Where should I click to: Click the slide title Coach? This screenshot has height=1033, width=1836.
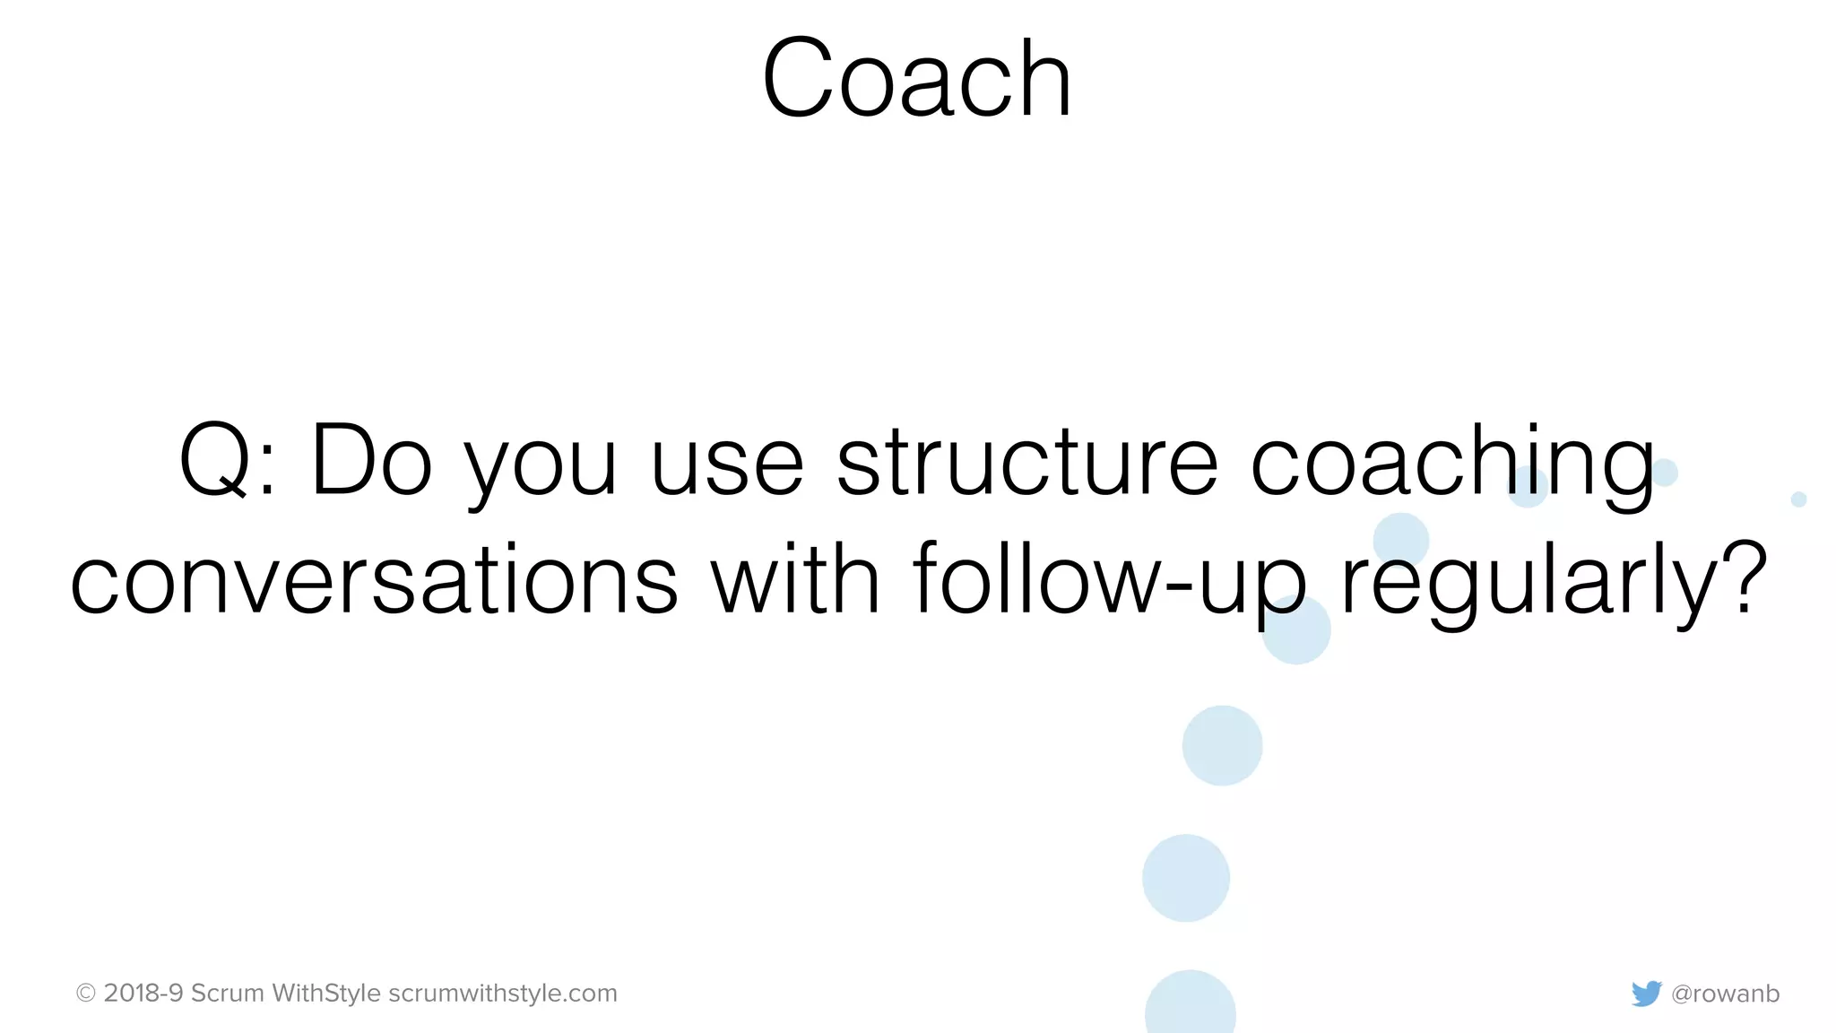point(916,79)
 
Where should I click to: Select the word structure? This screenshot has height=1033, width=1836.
point(1027,461)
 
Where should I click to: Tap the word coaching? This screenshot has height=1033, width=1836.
point(1452,461)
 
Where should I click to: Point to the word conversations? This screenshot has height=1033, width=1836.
point(374,580)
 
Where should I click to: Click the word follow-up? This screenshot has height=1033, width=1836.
point(1110,580)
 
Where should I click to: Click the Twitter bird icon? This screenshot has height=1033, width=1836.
point(1646,994)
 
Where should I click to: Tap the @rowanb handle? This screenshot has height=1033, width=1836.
point(1726,994)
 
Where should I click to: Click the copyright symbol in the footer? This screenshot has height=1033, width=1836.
point(86,994)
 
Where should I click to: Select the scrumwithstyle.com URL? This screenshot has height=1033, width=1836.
point(503,994)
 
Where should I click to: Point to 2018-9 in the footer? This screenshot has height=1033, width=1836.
point(143,994)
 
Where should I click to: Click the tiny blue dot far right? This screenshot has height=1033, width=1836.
point(1798,499)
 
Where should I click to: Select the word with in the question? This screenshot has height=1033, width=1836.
point(796,580)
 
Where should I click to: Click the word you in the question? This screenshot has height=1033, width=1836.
point(541,466)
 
